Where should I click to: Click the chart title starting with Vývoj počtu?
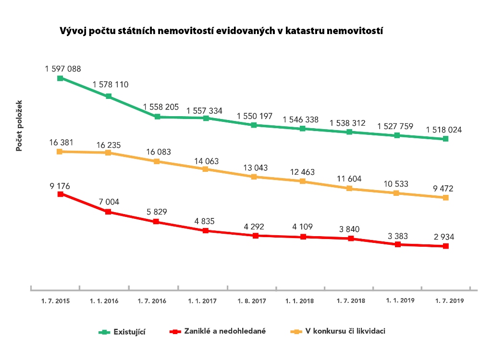coord(221,31)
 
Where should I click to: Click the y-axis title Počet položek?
coord(19,126)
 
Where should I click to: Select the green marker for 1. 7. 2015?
coord(60,78)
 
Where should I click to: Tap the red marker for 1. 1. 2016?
coord(109,212)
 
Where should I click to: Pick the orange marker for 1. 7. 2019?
coord(446,198)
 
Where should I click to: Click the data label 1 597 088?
coord(63,69)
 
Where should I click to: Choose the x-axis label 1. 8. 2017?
coord(252,301)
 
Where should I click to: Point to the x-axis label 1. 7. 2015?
coord(55,301)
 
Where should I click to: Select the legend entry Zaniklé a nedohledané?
coord(225,331)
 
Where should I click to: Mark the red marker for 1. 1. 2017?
coord(206,231)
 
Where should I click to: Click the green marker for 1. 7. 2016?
coord(157,117)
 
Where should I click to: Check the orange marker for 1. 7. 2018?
coord(350,189)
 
